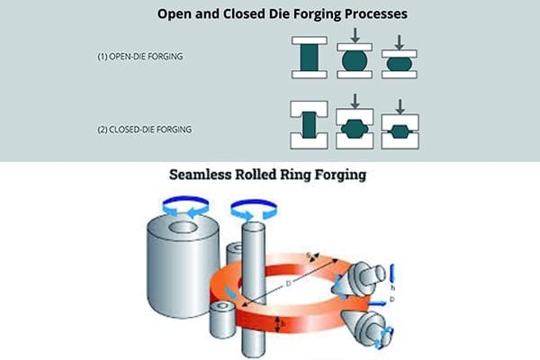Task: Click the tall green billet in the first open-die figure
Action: tap(310, 60)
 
